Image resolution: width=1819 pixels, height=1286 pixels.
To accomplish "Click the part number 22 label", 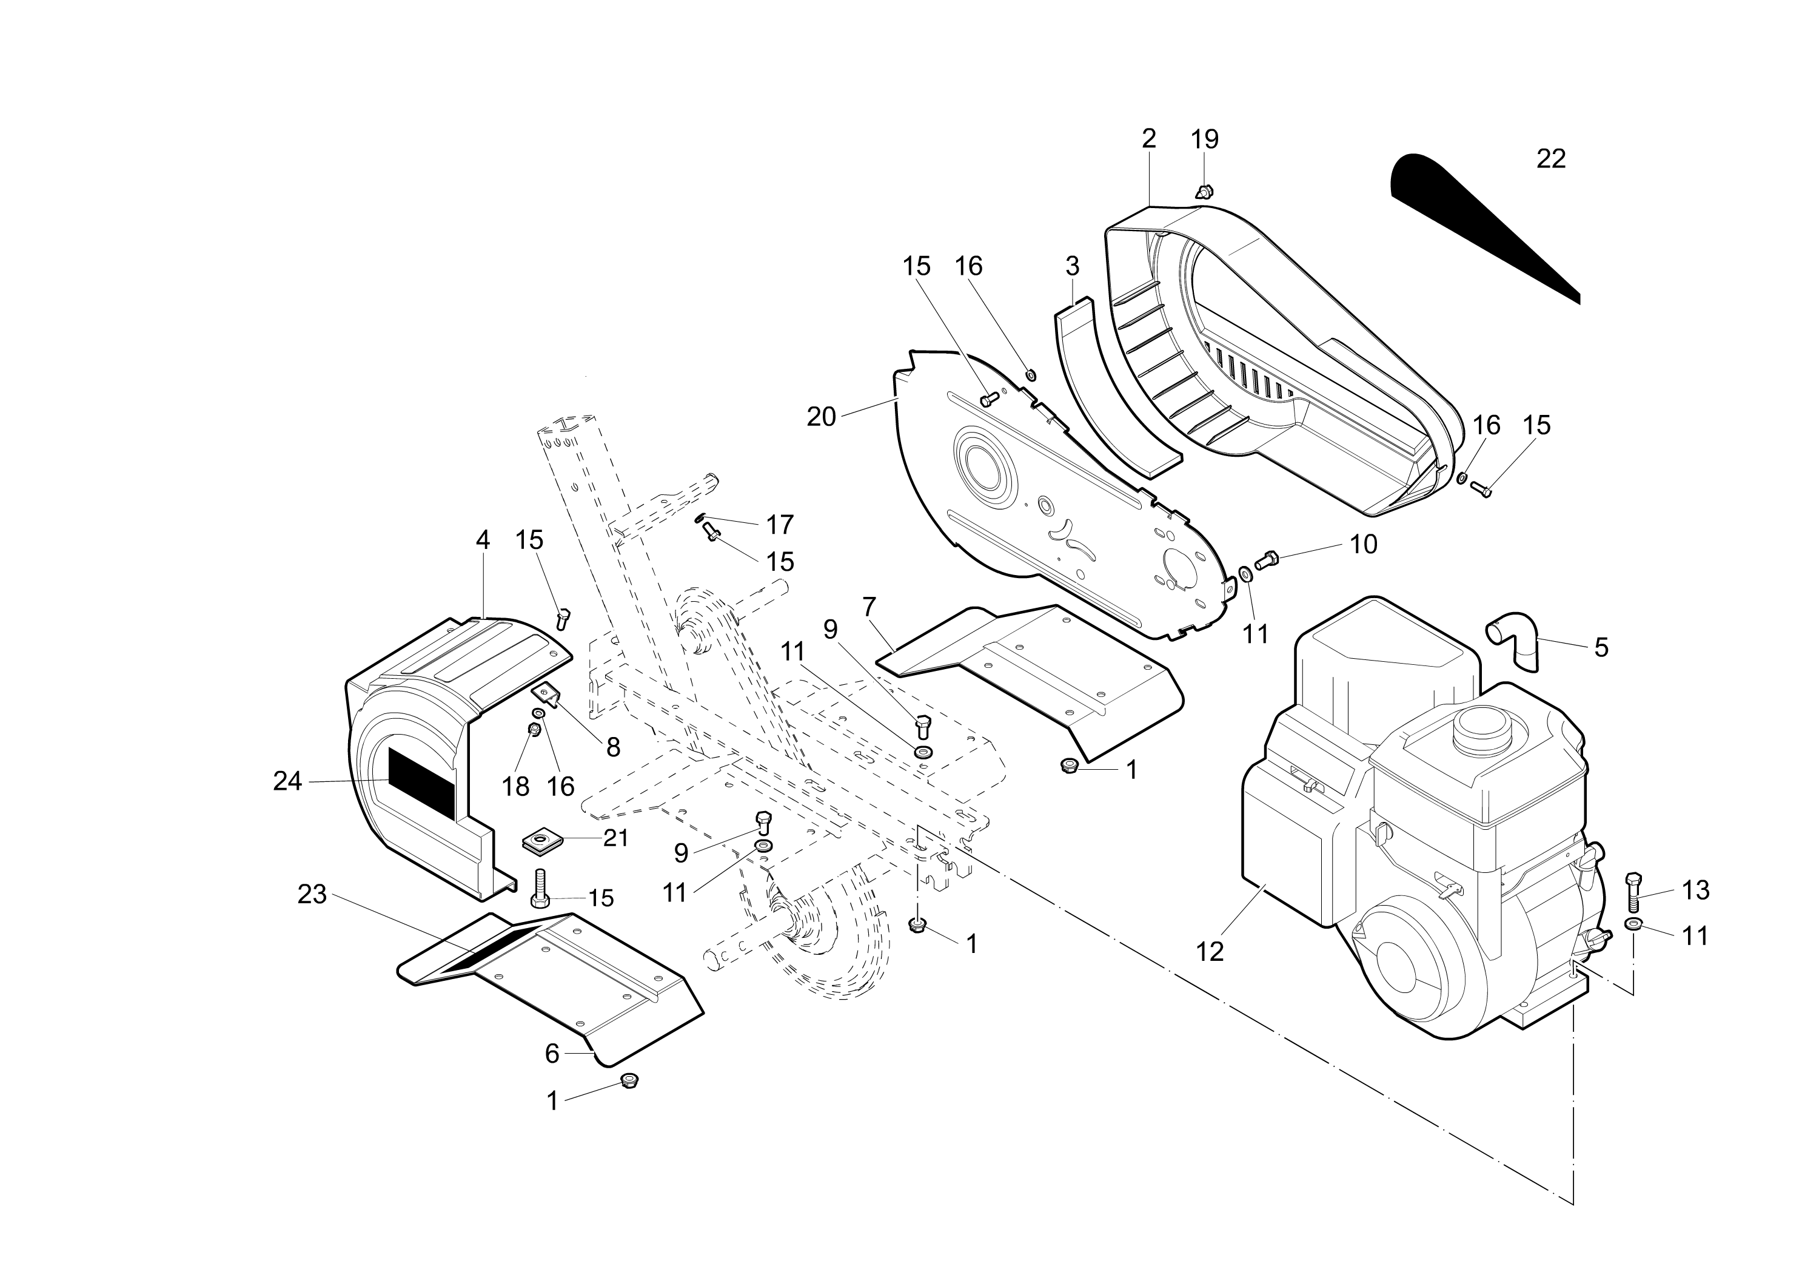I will (x=1550, y=160).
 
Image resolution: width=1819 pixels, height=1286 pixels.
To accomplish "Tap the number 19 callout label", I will (x=1204, y=140).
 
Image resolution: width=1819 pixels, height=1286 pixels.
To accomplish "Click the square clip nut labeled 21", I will (x=543, y=841).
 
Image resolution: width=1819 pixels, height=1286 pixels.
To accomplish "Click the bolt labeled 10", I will (x=1269, y=559).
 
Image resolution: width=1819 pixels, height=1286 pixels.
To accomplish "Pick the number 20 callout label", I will (x=822, y=417).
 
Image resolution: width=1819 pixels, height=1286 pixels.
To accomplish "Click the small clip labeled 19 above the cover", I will (x=1204, y=191).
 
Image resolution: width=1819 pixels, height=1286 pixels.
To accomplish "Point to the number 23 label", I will (x=312, y=895).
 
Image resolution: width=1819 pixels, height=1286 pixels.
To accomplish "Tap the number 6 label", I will (x=552, y=1054).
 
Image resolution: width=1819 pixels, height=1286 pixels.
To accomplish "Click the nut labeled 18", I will (x=535, y=728).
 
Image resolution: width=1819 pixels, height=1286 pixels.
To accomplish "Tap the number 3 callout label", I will (x=1072, y=266).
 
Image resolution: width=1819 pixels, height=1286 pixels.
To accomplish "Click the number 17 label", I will (x=780, y=525).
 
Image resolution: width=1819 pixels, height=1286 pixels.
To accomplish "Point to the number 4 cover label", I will (x=483, y=540).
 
